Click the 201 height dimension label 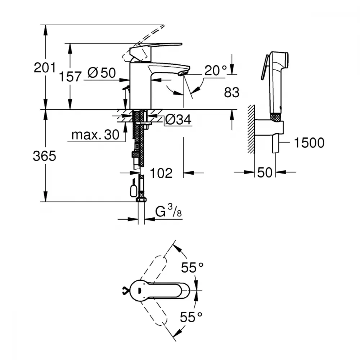pos(45,68)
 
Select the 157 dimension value pos(70,77)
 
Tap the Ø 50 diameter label pos(102,73)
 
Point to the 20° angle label pos(216,71)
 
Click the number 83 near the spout pos(231,92)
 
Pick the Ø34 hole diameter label pos(178,120)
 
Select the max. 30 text pos(95,135)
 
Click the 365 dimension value pos(44,156)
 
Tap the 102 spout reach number pos(161,173)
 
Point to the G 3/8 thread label pos(168,211)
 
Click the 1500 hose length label pos(309,143)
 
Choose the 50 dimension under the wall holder pos(265,172)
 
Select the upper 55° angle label pos(192,267)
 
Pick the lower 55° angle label pos(191,317)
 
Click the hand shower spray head pos(276,60)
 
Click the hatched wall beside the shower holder pos(251,129)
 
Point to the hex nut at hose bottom pos(141,199)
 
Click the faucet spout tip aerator pos(183,73)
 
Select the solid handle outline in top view pos(159,291)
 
